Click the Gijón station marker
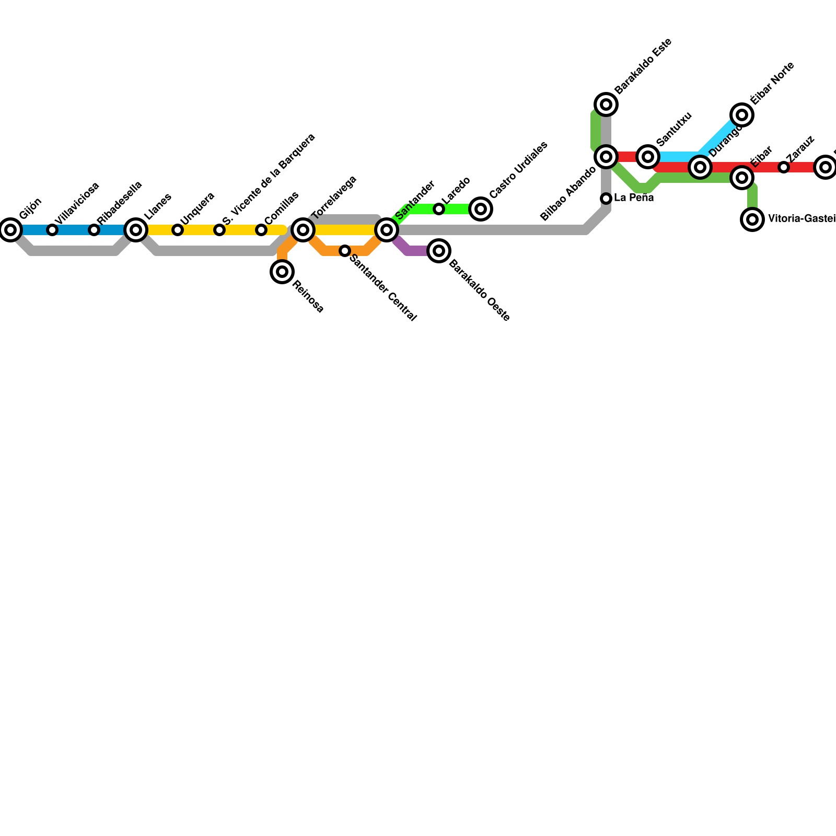(x=10, y=230)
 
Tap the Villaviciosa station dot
(x=52, y=230)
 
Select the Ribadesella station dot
(x=94, y=230)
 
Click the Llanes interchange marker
(x=136, y=230)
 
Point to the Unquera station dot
(x=178, y=230)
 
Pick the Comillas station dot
(x=261, y=230)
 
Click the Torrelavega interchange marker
(x=303, y=230)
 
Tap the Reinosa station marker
(x=282, y=272)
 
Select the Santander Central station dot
(x=345, y=251)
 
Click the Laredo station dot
(x=439, y=209)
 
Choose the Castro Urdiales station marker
(x=481, y=209)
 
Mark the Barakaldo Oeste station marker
(x=439, y=251)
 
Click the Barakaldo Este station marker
(x=606, y=104)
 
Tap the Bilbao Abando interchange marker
(x=606, y=157)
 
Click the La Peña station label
(x=634, y=198)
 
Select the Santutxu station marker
(x=648, y=157)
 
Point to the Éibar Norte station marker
(x=742, y=115)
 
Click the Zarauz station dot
(x=784, y=167)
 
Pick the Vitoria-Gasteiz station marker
(x=752, y=219)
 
